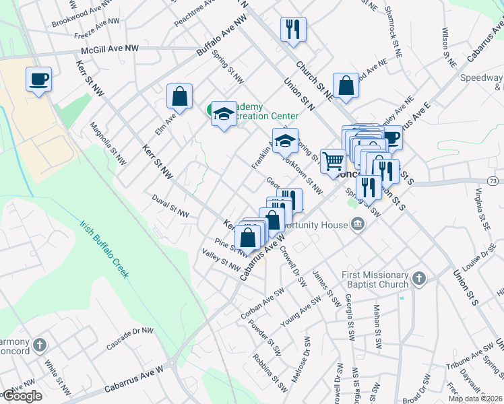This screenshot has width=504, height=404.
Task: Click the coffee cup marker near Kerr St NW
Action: pyautogui.click(x=38, y=79)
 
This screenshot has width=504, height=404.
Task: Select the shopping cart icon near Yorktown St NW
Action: pyautogui.click(x=333, y=162)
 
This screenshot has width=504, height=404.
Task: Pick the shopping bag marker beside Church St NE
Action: pyautogui.click(x=346, y=86)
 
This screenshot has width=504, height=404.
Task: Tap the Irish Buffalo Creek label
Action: pyautogui.click(x=104, y=250)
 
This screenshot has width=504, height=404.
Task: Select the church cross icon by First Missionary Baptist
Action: pyautogui.click(x=418, y=278)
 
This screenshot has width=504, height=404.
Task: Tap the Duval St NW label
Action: pyautogui.click(x=170, y=213)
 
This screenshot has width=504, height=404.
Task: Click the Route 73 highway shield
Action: pyautogui.click(x=494, y=181)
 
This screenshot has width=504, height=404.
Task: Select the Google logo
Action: pyautogui.click(x=22, y=396)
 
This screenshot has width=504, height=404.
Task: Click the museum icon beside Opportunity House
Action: pyautogui.click(x=357, y=224)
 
